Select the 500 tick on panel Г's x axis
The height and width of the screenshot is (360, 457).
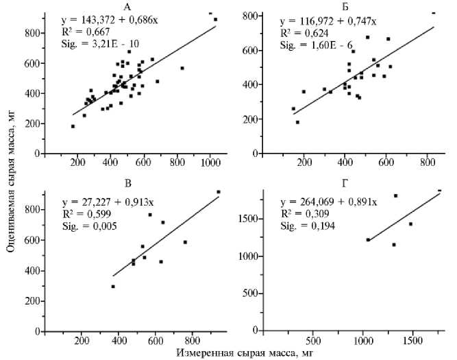pos(312,341)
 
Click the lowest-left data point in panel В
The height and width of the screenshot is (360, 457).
pos(114,287)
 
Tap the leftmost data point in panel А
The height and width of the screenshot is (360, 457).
pos(73,126)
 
